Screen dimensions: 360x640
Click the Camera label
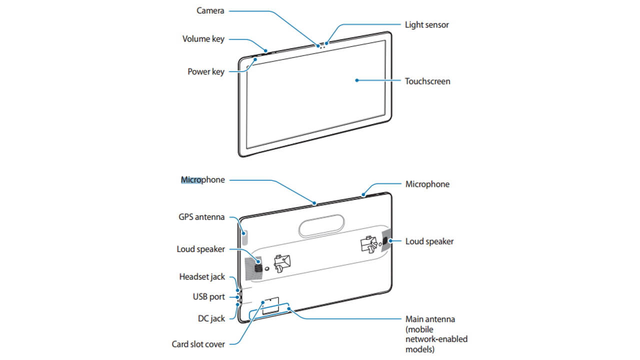point(210,10)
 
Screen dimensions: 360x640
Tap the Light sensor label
point(426,24)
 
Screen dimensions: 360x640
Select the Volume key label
point(203,38)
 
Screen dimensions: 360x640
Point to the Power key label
point(205,71)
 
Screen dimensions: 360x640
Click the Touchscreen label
point(427,81)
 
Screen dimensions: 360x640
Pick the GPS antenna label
point(201,217)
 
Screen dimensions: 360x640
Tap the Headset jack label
point(202,276)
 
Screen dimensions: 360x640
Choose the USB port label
point(208,296)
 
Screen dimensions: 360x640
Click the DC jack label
point(210,318)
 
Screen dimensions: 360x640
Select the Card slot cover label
point(197,344)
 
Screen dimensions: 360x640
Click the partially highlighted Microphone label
point(202,179)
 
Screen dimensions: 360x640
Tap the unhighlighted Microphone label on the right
point(427,184)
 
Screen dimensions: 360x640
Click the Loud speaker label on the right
point(429,241)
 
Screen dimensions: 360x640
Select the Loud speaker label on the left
point(200,249)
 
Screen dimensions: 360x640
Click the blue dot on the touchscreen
point(356,80)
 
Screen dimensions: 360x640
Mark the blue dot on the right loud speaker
point(390,241)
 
